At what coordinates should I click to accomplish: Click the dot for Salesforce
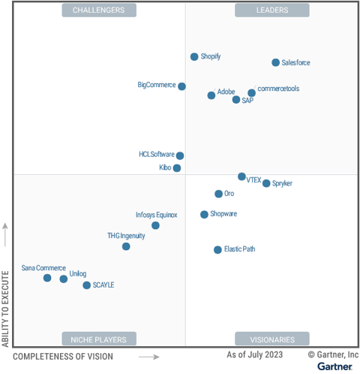[x=275, y=62]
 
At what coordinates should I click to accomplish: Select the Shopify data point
[x=194, y=57]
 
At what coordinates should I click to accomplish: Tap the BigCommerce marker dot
[x=181, y=86]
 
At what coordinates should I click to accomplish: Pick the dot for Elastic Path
[x=217, y=249]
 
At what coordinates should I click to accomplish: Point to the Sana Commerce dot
[x=47, y=278]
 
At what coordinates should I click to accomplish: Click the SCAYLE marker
[x=87, y=285]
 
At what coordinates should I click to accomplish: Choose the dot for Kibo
[x=177, y=168]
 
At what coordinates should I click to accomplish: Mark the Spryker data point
[x=266, y=183]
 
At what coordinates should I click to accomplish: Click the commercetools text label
[x=278, y=89]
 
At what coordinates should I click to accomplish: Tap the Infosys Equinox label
[x=157, y=215]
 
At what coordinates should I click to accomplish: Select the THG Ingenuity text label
[x=126, y=236]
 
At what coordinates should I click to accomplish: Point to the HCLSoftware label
[x=157, y=154]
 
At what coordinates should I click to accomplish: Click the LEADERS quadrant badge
[x=272, y=11]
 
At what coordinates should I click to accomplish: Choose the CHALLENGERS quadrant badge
[x=99, y=11]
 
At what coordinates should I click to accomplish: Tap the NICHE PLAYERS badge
[x=99, y=339]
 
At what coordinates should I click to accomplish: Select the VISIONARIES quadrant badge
[x=272, y=339]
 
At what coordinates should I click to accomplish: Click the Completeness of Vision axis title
[x=63, y=357]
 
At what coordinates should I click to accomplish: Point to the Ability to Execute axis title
[x=5, y=309]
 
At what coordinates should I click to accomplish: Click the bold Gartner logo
[x=335, y=366]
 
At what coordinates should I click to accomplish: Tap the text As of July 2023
[x=255, y=354]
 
